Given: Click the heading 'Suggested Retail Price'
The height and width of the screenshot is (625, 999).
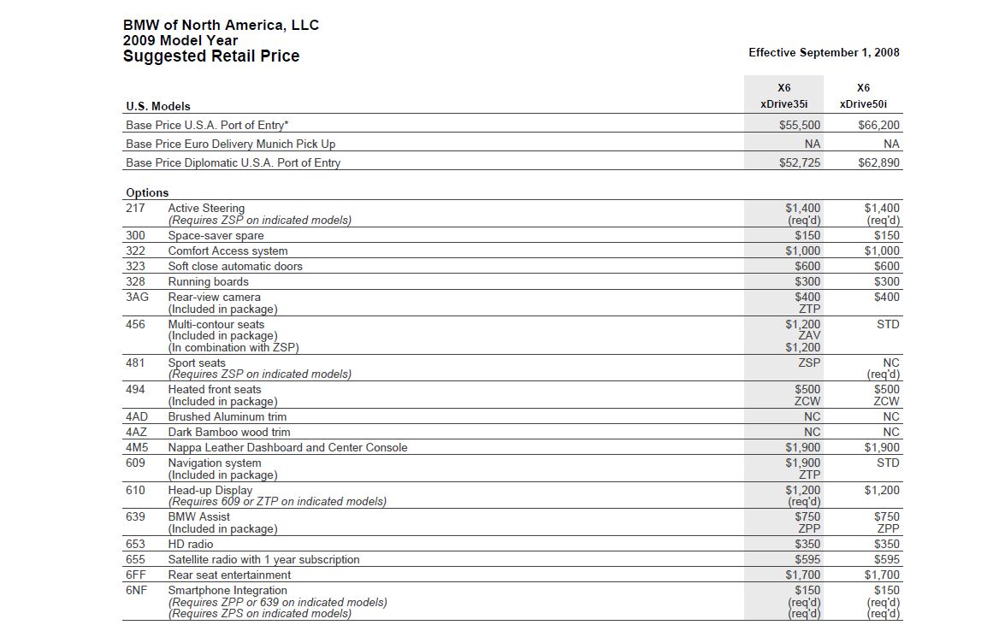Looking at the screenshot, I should coord(211,56).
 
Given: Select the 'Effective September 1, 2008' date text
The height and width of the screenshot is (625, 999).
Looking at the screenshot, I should coord(824,53).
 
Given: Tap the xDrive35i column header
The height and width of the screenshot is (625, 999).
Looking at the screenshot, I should coord(783,104).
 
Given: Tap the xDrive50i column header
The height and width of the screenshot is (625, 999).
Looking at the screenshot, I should coord(863,104).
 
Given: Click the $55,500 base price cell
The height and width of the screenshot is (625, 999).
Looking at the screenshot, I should coord(800,125).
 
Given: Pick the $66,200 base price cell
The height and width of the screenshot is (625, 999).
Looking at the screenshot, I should coord(878,125).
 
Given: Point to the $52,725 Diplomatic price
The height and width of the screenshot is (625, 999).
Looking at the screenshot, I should coord(800,162).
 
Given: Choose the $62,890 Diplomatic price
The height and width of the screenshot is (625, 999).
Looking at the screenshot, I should coord(878,162).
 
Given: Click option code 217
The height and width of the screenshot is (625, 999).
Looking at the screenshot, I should coord(135,209).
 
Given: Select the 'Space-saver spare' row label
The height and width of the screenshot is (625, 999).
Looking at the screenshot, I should coord(216,236).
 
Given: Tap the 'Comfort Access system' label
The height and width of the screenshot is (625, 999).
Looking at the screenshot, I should coord(228,251).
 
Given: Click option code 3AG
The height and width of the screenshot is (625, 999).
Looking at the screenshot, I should coord(137,298).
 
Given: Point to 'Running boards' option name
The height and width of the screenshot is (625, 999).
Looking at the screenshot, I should coord(208,282).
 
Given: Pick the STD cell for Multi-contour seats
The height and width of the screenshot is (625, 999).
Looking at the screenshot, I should coord(888,325).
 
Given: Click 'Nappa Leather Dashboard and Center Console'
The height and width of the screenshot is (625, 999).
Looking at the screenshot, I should coord(287,448).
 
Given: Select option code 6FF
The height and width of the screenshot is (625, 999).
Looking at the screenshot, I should coord(136,575).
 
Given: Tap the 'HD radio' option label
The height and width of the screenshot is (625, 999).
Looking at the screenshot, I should coord(191,545).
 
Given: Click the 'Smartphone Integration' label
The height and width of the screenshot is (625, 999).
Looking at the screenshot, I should coord(228,591).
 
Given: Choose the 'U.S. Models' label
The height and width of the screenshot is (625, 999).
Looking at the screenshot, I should coord(158,107).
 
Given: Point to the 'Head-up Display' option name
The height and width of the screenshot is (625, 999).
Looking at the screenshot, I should coord(210,491).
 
